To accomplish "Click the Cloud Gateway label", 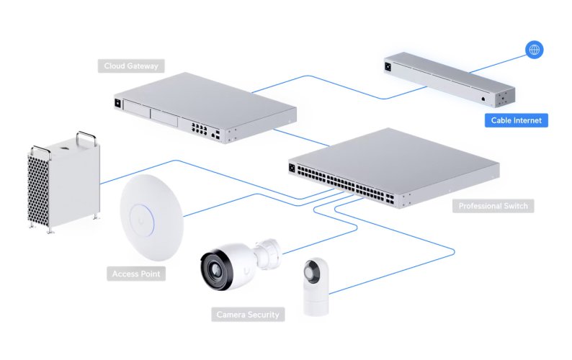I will [x=130, y=66].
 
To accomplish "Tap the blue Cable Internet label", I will [x=515, y=120].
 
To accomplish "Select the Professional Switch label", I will [x=493, y=207].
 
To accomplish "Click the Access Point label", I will [x=138, y=274].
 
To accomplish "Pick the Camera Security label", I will [x=248, y=315].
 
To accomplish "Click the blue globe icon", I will [x=534, y=50].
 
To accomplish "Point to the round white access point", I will [x=151, y=217].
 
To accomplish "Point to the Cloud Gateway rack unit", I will [x=205, y=108].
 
